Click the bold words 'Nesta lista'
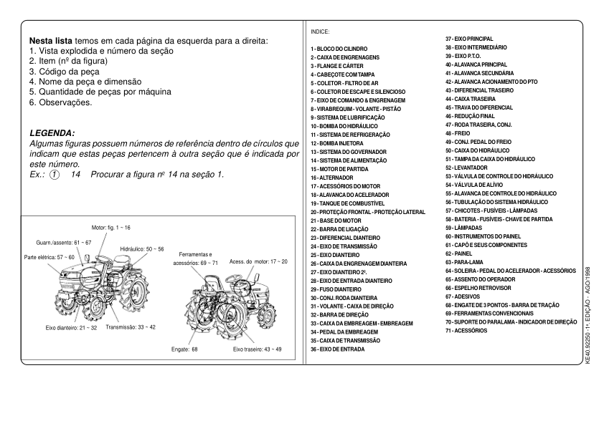coord(52,42)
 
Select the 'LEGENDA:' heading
coord(52,133)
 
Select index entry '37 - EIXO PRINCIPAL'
coord(469,39)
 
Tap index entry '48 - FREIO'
coord(458,133)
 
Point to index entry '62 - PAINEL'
coord(459,253)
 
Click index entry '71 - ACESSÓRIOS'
coord(466,331)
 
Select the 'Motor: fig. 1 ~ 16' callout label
coord(111,226)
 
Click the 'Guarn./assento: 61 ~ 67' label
coord(64,243)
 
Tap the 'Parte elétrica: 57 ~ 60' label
coord(49,256)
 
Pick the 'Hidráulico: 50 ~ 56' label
coord(142,249)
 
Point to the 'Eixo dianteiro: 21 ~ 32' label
coord(71,327)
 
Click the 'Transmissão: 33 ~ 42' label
coord(131,326)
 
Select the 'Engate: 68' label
coord(184,349)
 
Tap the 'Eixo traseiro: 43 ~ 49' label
coord(257,349)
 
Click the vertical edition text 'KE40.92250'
coord(588,346)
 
